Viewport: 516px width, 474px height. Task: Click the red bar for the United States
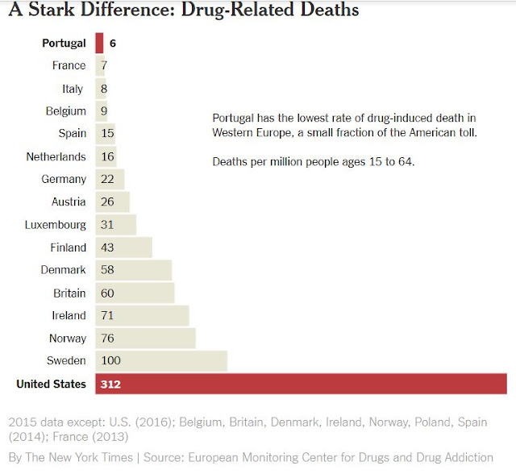pos(301,384)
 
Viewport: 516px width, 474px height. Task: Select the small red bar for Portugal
pos(99,43)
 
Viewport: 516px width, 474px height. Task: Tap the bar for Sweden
pos(161,360)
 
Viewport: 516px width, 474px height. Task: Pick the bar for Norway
pos(145,338)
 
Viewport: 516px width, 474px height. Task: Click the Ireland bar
pos(142,315)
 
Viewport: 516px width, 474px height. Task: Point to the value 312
pos(111,384)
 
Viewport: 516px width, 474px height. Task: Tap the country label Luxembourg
pos(55,224)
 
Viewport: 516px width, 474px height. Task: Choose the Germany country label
pos(63,179)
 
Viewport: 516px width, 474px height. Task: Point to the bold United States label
pos(51,384)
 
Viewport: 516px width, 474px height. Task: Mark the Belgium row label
pos(65,110)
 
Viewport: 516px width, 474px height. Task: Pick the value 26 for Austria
pos(109,202)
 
